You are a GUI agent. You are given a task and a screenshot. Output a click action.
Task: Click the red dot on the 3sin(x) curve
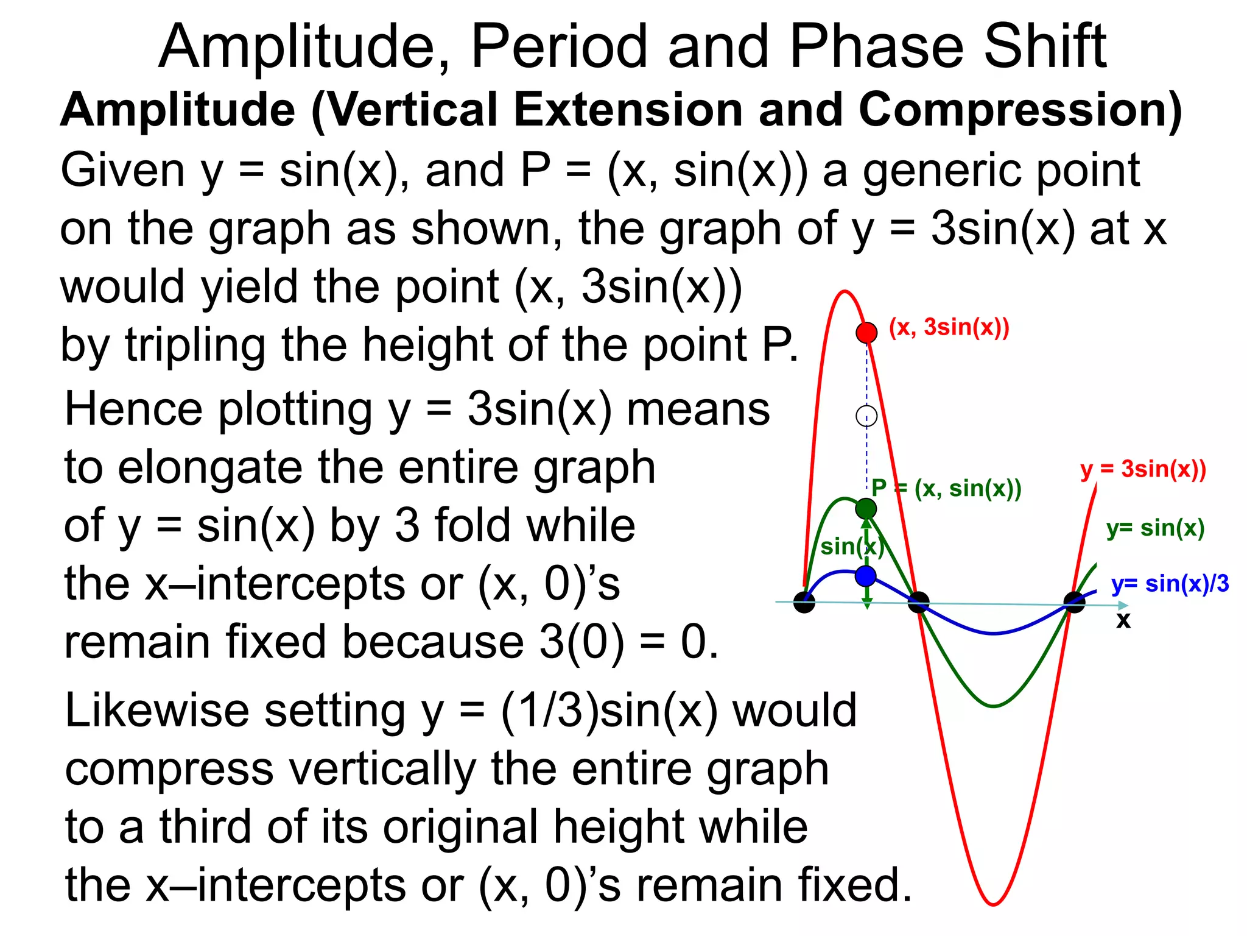[866, 333]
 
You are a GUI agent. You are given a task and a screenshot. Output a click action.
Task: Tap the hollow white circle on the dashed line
[866, 416]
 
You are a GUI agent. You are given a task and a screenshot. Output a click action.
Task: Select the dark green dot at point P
[866, 508]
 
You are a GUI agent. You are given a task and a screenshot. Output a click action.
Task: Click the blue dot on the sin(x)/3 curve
[866, 576]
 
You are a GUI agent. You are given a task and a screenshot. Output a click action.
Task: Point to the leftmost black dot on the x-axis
[804, 602]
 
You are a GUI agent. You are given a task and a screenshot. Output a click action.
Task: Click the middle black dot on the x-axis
[918, 603]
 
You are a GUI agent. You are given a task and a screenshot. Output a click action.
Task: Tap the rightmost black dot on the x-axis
[1074, 603]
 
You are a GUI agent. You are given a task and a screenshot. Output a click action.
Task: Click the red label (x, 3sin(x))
[949, 328]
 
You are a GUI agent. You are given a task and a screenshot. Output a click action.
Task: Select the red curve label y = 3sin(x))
[1143, 469]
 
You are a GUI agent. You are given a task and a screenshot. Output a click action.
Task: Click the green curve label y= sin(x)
[1155, 528]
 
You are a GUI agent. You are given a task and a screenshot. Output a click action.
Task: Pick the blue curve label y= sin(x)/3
[1170, 584]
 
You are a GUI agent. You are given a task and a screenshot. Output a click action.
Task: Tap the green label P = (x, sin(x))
[946, 488]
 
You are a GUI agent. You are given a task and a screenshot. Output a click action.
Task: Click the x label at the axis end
[1123, 620]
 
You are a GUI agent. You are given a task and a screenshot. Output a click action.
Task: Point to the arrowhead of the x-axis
[1123, 605]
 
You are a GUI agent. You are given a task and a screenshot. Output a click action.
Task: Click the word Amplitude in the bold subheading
[177, 110]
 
